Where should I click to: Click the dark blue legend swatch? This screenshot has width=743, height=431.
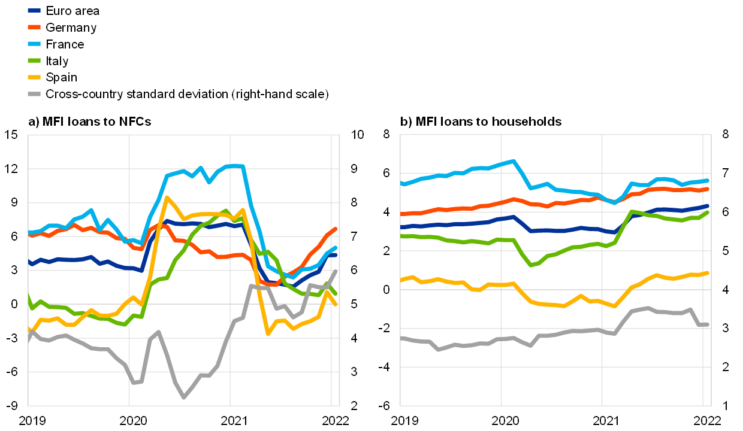(34, 10)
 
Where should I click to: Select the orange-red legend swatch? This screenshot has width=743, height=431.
(34, 27)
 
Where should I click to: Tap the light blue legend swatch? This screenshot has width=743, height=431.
(34, 44)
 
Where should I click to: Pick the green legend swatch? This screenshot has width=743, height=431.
(34, 60)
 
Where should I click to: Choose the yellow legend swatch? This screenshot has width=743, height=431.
(34, 77)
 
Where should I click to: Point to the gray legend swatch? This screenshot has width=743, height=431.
(34, 94)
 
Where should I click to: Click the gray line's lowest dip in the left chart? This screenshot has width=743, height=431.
(183, 397)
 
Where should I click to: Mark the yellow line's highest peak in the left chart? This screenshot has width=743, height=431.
(167, 197)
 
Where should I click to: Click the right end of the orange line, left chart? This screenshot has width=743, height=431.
(336, 229)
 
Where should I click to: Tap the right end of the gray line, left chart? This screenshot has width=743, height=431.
(336, 271)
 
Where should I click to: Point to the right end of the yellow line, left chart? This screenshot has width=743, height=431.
(336, 304)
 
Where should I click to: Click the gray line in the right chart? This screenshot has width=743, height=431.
(539, 336)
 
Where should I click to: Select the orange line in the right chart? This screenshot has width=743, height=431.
(539, 204)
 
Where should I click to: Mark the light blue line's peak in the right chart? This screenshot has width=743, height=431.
(514, 161)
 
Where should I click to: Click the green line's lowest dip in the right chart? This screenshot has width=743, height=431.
(530, 265)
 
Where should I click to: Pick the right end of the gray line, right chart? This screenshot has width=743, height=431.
(707, 324)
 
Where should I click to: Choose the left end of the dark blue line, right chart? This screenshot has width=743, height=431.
(402, 227)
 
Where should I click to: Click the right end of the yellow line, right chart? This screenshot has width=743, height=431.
(707, 273)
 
